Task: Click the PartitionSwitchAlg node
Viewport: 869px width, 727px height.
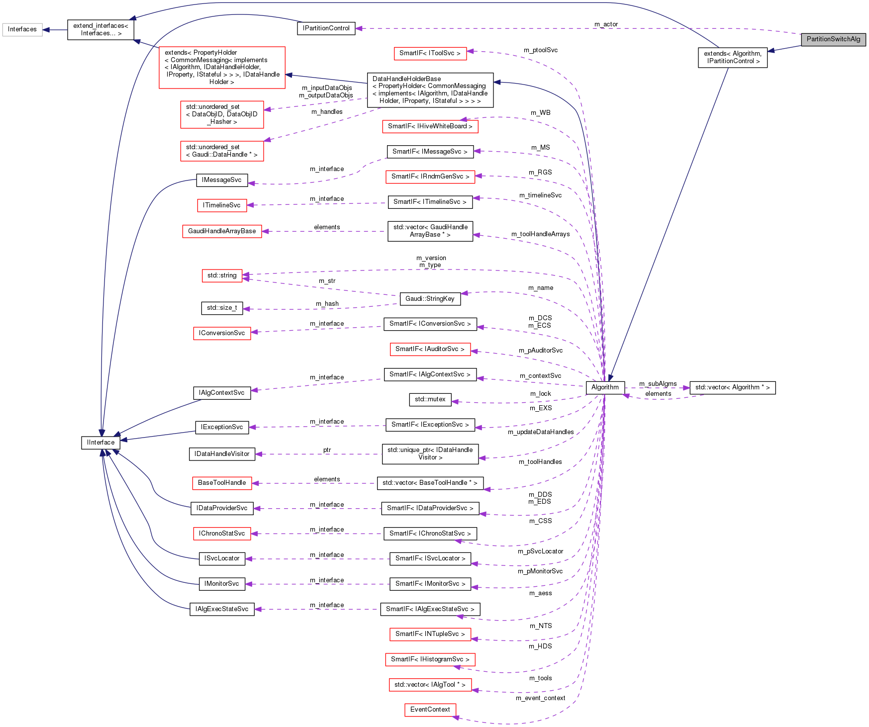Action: (833, 39)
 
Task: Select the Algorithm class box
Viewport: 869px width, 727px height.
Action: (605, 387)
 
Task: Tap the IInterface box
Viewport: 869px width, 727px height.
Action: (100, 443)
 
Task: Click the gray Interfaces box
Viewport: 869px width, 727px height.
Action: (22, 29)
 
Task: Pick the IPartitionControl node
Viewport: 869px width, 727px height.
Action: (326, 28)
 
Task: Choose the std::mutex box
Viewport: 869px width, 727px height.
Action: (430, 399)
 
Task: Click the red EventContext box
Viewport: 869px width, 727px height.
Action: (430, 710)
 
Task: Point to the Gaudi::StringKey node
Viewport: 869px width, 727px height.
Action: (430, 299)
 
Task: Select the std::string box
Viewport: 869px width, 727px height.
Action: (222, 275)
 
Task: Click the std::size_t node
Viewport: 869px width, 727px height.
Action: (222, 308)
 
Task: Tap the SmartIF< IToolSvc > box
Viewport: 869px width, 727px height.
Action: (430, 53)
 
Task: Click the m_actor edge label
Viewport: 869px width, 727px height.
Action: (606, 24)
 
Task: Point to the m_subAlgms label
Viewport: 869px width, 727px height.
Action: (658, 384)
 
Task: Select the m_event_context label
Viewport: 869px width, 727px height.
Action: (540, 698)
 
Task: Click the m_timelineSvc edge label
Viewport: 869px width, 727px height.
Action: (540, 195)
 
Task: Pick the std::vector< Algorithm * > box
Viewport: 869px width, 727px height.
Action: (732, 387)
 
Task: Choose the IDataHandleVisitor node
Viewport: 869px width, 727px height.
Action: (222, 454)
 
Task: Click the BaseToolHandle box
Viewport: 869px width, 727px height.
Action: (222, 483)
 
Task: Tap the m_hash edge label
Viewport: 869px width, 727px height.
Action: (327, 304)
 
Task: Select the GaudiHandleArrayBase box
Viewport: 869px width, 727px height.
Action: (222, 231)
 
